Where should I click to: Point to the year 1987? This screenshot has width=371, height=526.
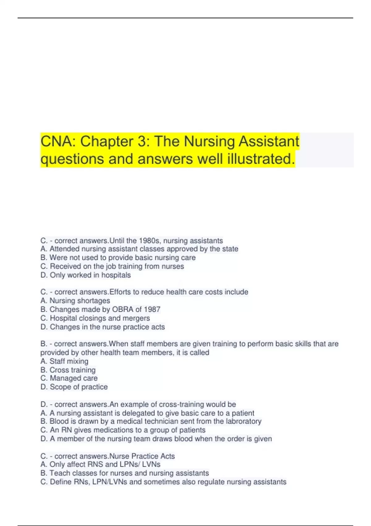click(152, 309)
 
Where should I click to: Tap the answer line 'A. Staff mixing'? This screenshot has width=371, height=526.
click(64, 361)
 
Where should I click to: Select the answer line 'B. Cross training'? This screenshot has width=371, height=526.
click(68, 370)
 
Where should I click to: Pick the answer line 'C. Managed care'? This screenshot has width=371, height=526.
click(69, 378)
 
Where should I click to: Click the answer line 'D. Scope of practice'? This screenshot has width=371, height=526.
click(74, 387)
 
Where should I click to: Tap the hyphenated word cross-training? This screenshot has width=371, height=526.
click(181, 404)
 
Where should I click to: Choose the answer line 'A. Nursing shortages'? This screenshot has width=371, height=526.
click(75, 301)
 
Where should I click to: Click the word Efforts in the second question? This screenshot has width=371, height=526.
click(120, 292)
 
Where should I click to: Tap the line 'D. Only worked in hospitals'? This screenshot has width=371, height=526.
click(86, 275)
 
